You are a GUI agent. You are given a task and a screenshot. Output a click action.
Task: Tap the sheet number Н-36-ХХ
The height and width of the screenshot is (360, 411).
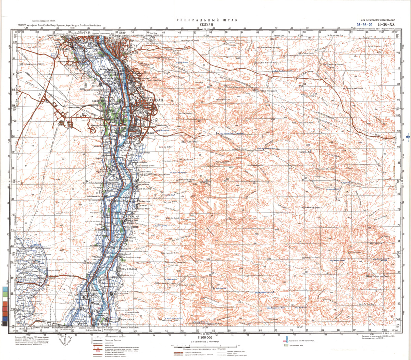pos(387,25)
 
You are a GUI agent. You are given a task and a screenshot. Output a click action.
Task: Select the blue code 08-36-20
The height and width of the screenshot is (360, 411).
pos(364,25)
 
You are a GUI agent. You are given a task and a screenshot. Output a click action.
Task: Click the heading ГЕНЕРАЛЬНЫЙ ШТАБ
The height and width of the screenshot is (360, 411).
pos(205,20)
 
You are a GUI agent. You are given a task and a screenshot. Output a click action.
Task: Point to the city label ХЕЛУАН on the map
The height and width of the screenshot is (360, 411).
pos(155,100)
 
